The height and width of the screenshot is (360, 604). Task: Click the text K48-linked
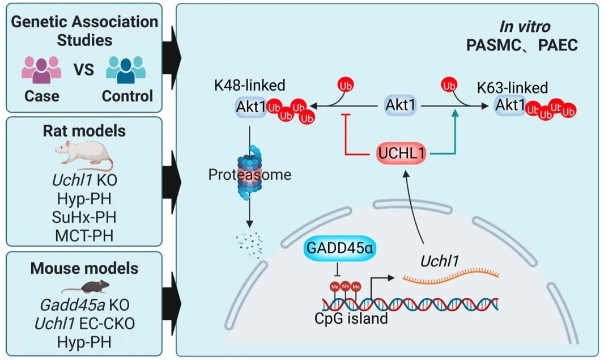[x=249, y=87]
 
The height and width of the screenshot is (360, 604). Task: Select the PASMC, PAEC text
[x=522, y=45]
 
